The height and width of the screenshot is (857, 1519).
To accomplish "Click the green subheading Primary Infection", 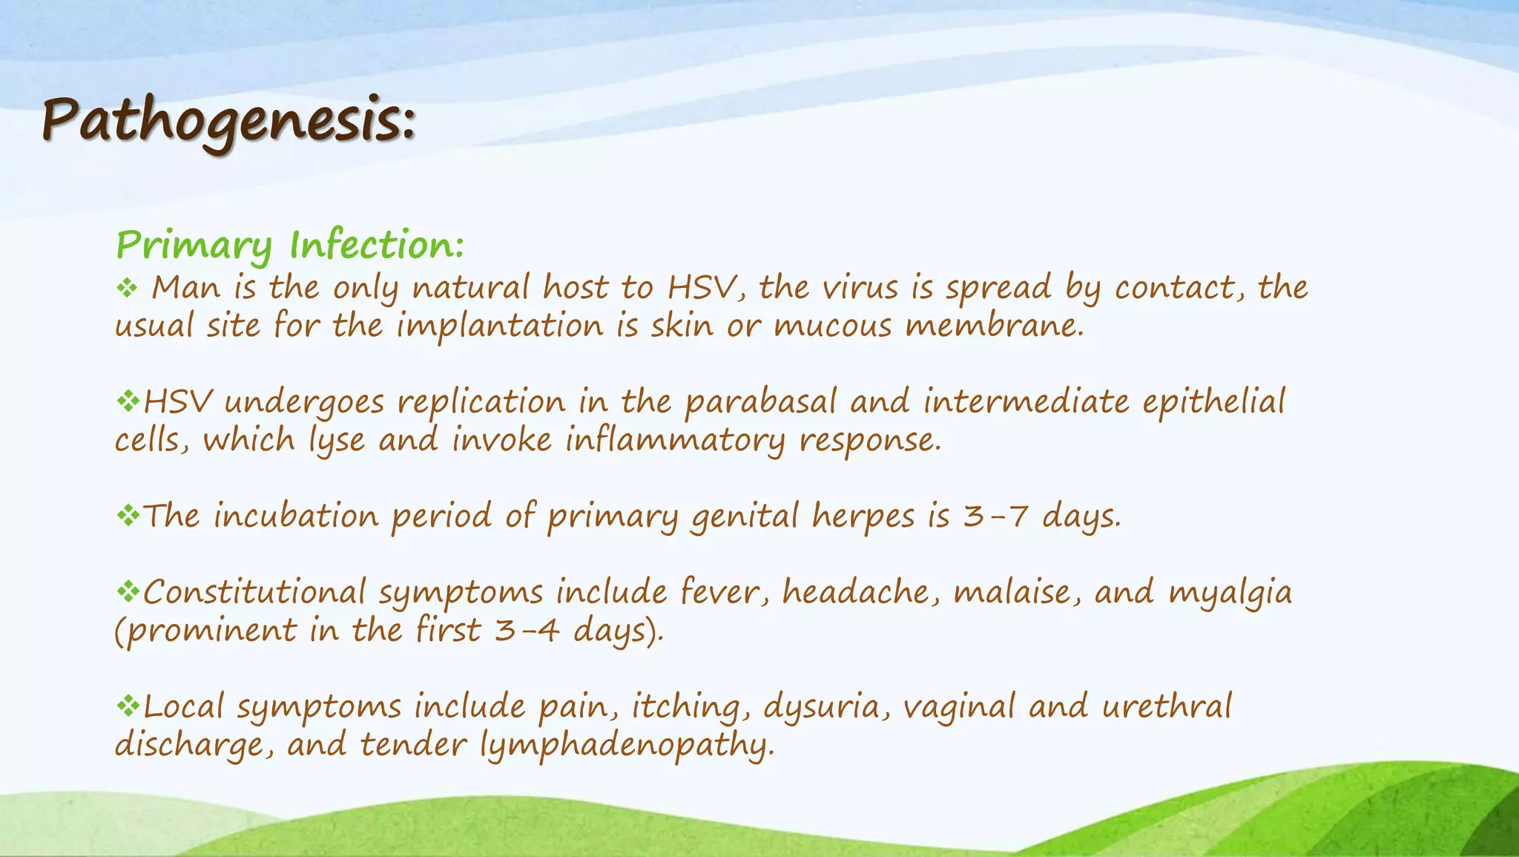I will tap(290, 245).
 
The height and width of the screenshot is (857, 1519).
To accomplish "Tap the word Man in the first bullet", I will tap(185, 287).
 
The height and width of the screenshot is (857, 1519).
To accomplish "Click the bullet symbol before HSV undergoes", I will tap(128, 401).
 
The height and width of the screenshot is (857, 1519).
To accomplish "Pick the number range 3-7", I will tap(995, 516).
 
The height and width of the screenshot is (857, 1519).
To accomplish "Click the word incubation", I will tap(296, 516).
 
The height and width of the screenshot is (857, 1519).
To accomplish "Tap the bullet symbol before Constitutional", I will tap(128, 591).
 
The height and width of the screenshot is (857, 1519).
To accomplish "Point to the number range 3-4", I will tap(526, 631).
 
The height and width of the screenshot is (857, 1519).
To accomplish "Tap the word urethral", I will tap(1167, 706).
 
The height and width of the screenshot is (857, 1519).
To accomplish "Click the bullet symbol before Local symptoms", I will tap(128, 706).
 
